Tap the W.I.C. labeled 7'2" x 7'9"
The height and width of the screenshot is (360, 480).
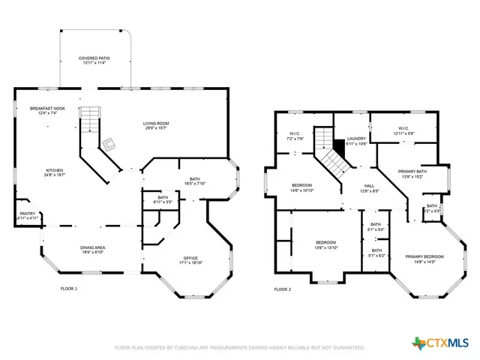pyautogui.click(x=295, y=137)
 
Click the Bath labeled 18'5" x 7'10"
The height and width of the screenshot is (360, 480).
pyautogui.click(x=195, y=181)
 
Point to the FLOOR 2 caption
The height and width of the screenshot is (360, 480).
pyautogui.click(x=283, y=289)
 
